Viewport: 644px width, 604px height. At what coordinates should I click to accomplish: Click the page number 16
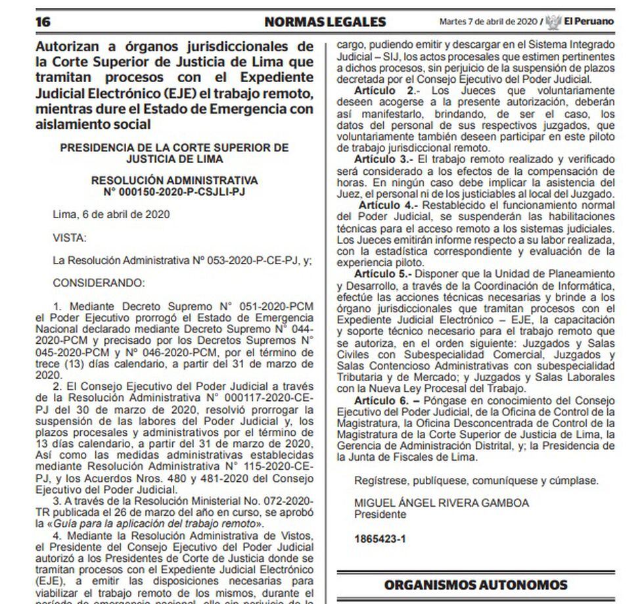(x=43, y=22)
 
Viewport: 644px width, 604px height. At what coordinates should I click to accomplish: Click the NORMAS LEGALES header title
(x=325, y=22)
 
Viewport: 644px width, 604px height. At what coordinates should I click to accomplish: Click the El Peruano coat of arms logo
(x=553, y=22)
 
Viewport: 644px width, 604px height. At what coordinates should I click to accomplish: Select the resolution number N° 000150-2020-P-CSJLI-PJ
(x=174, y=191)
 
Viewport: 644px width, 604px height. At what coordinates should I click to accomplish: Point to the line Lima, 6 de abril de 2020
(x=111, y=214)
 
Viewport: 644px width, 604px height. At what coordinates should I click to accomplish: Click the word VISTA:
(x=69, y=237)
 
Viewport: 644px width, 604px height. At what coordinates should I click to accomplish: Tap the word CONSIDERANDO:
(x=98, y=283)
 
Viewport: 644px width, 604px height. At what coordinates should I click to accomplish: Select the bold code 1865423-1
(x=379, y=539)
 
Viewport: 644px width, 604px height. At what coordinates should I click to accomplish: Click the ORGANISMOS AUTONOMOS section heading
(x=476, y=584)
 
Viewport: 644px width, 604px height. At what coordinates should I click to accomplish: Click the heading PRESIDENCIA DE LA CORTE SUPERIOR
(x=174, y=147)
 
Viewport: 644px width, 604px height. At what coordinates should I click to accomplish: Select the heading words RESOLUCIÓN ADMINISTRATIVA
(x=174, y=180)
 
